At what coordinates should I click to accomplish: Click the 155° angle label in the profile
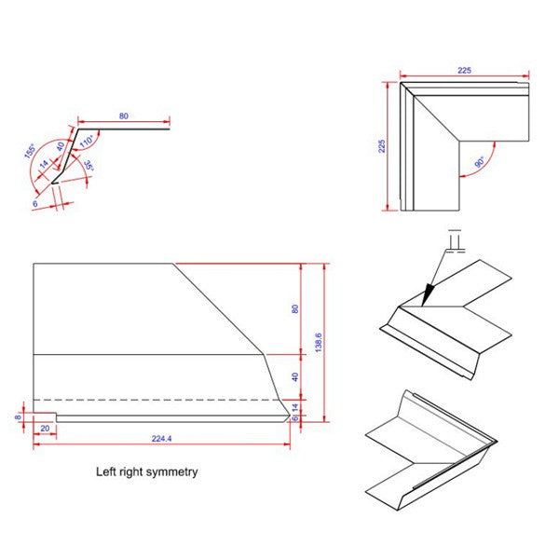(x=30, y=151)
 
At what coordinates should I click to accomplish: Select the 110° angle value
(x=88, y=142)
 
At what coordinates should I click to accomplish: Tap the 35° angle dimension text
(x=87, y=166)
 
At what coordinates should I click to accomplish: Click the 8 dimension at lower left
(x=18, y=418)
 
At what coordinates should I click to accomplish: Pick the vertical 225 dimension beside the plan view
(x=381, y=147)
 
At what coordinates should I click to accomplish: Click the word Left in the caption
(x=106, y=472)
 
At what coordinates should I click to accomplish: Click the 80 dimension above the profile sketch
(x=123, y=116)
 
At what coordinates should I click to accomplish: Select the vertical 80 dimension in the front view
(x=294, y=308)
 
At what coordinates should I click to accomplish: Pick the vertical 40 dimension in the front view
(x=294, y=376)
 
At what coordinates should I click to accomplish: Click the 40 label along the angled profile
(x=61, y=146)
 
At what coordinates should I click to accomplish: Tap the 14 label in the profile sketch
(x=43, y=165)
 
